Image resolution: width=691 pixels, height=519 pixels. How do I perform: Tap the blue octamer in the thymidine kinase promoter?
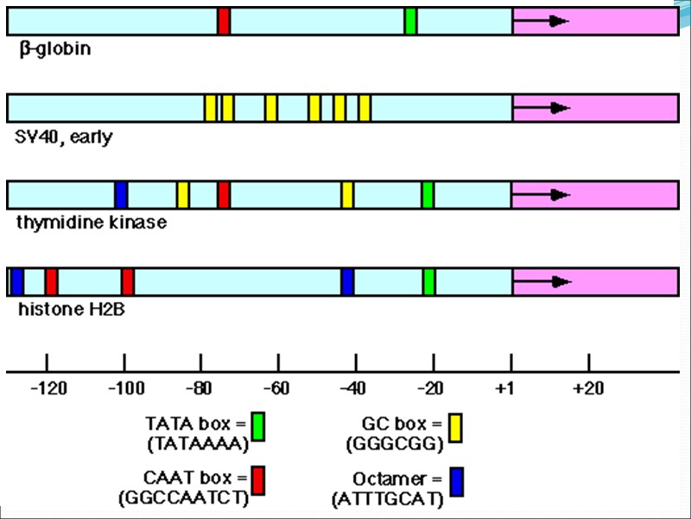[121, 195]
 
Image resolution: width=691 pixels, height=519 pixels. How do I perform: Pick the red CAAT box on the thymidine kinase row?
[224, 195]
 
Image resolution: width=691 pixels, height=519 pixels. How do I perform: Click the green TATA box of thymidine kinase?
[428, 195]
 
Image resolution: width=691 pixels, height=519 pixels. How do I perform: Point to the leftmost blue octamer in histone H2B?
[16, 281]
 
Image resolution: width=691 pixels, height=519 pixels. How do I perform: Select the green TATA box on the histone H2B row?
[429, 281]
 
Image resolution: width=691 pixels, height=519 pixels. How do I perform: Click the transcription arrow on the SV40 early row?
[548, 108]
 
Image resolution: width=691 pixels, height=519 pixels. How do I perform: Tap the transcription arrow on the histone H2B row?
[548, 281]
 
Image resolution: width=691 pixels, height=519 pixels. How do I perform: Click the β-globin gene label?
[54, 49]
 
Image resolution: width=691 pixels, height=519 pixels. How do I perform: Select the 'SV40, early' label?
[64, 137]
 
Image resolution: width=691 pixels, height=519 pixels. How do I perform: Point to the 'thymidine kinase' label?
[92, 223]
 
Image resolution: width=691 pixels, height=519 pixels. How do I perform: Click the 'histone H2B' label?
[71, 308]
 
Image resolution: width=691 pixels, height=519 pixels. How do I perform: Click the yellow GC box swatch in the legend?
[456, 427]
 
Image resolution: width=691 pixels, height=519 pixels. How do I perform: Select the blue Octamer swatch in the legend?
[456, 482]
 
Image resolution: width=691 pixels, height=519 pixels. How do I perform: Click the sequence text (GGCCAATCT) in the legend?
[183, 499]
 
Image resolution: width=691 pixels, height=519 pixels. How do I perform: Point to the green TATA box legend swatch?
[257, 427]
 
